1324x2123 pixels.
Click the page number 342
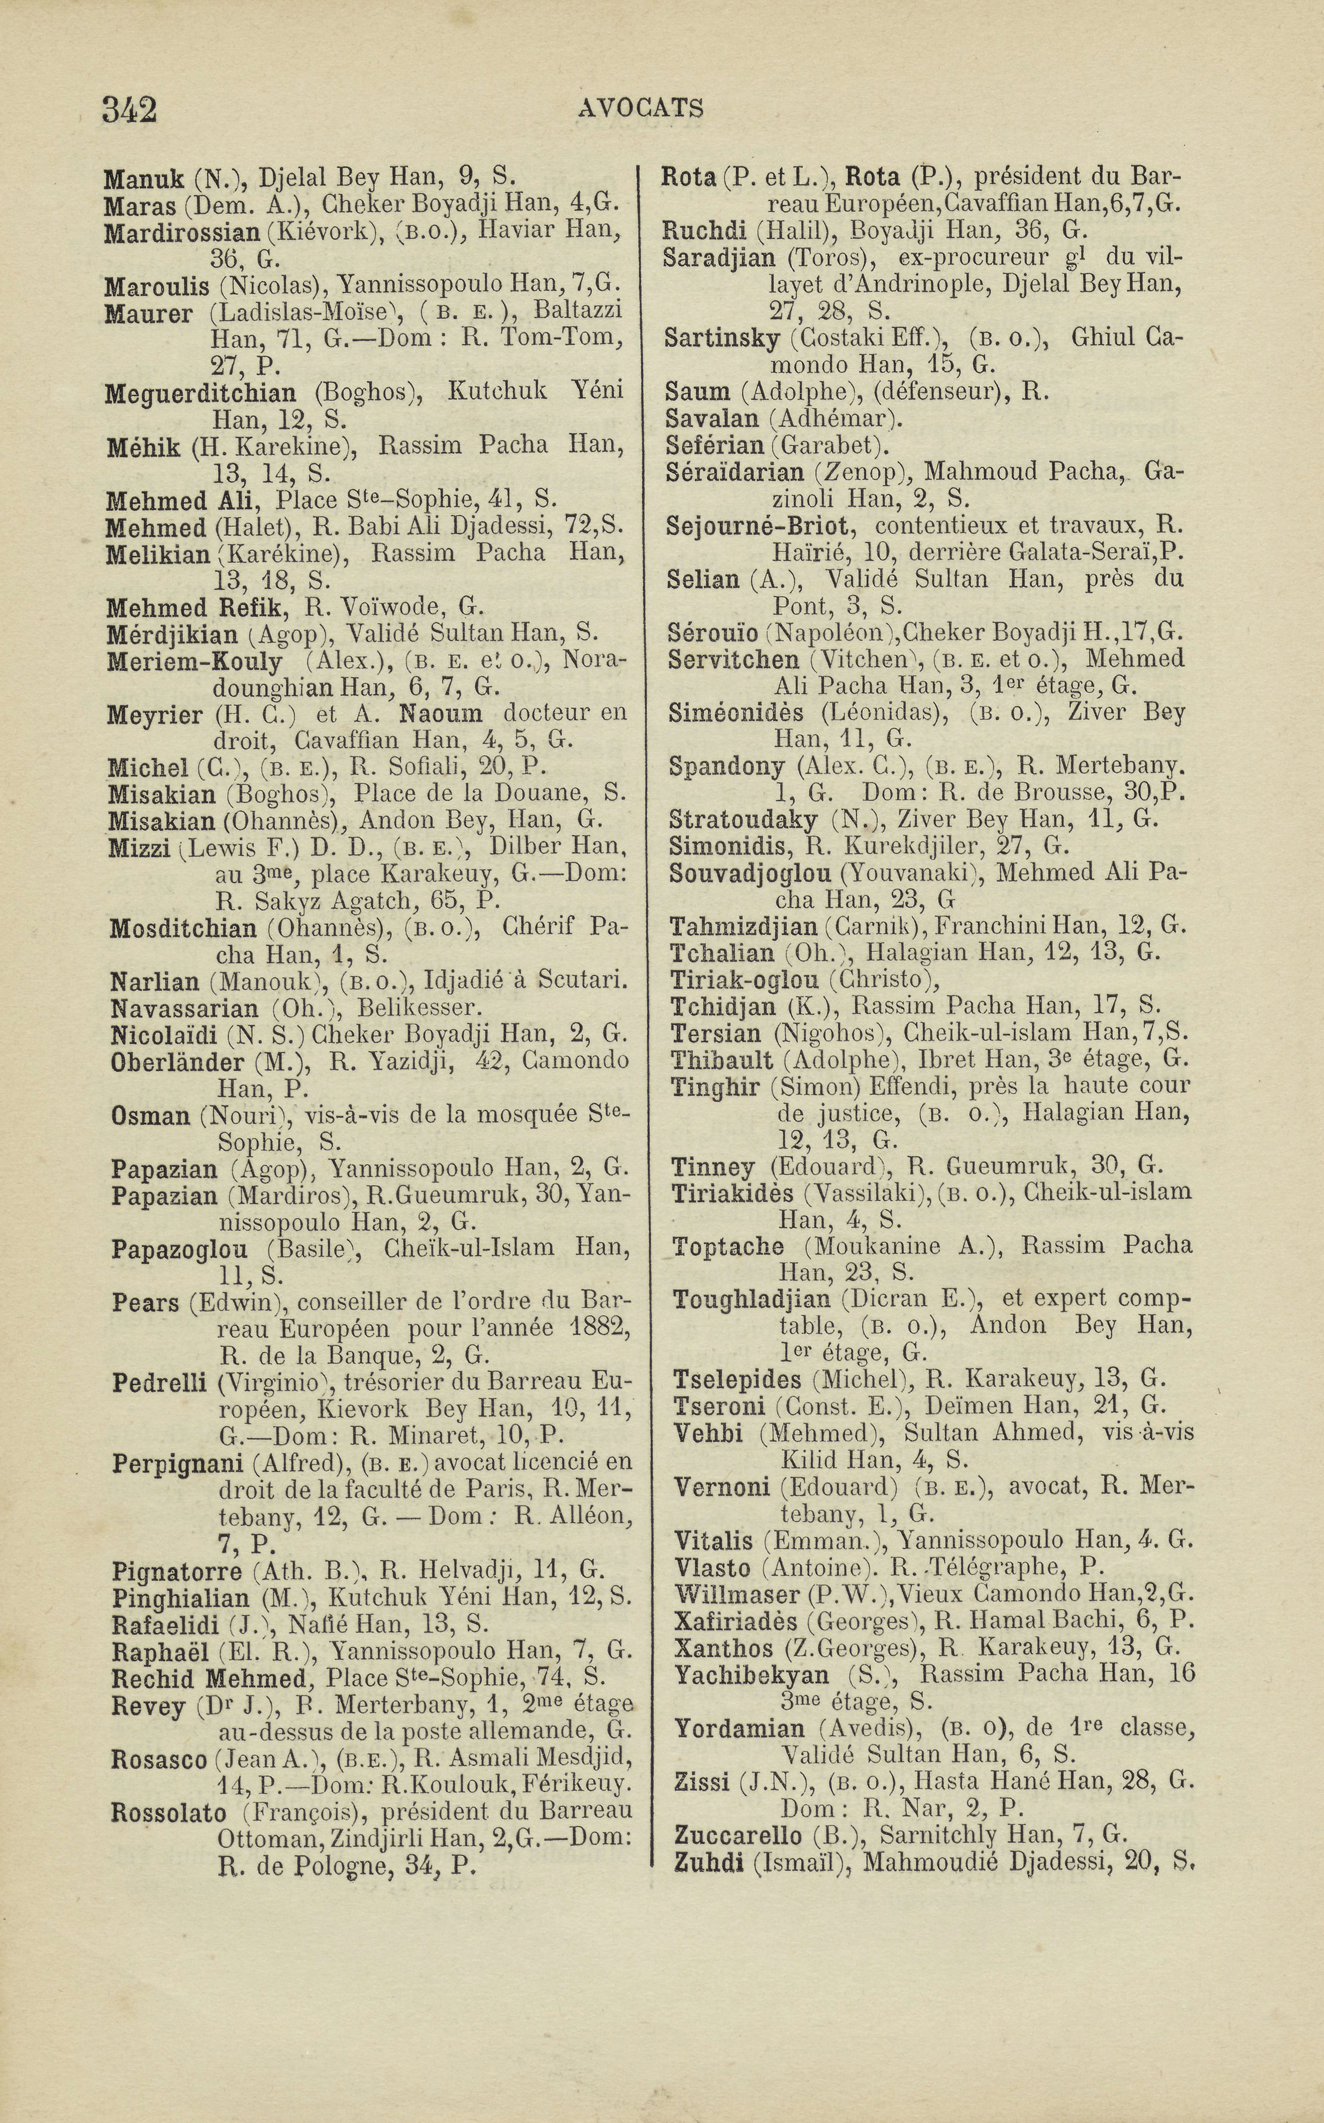(129, 110)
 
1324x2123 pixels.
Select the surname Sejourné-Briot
(758, 526)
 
